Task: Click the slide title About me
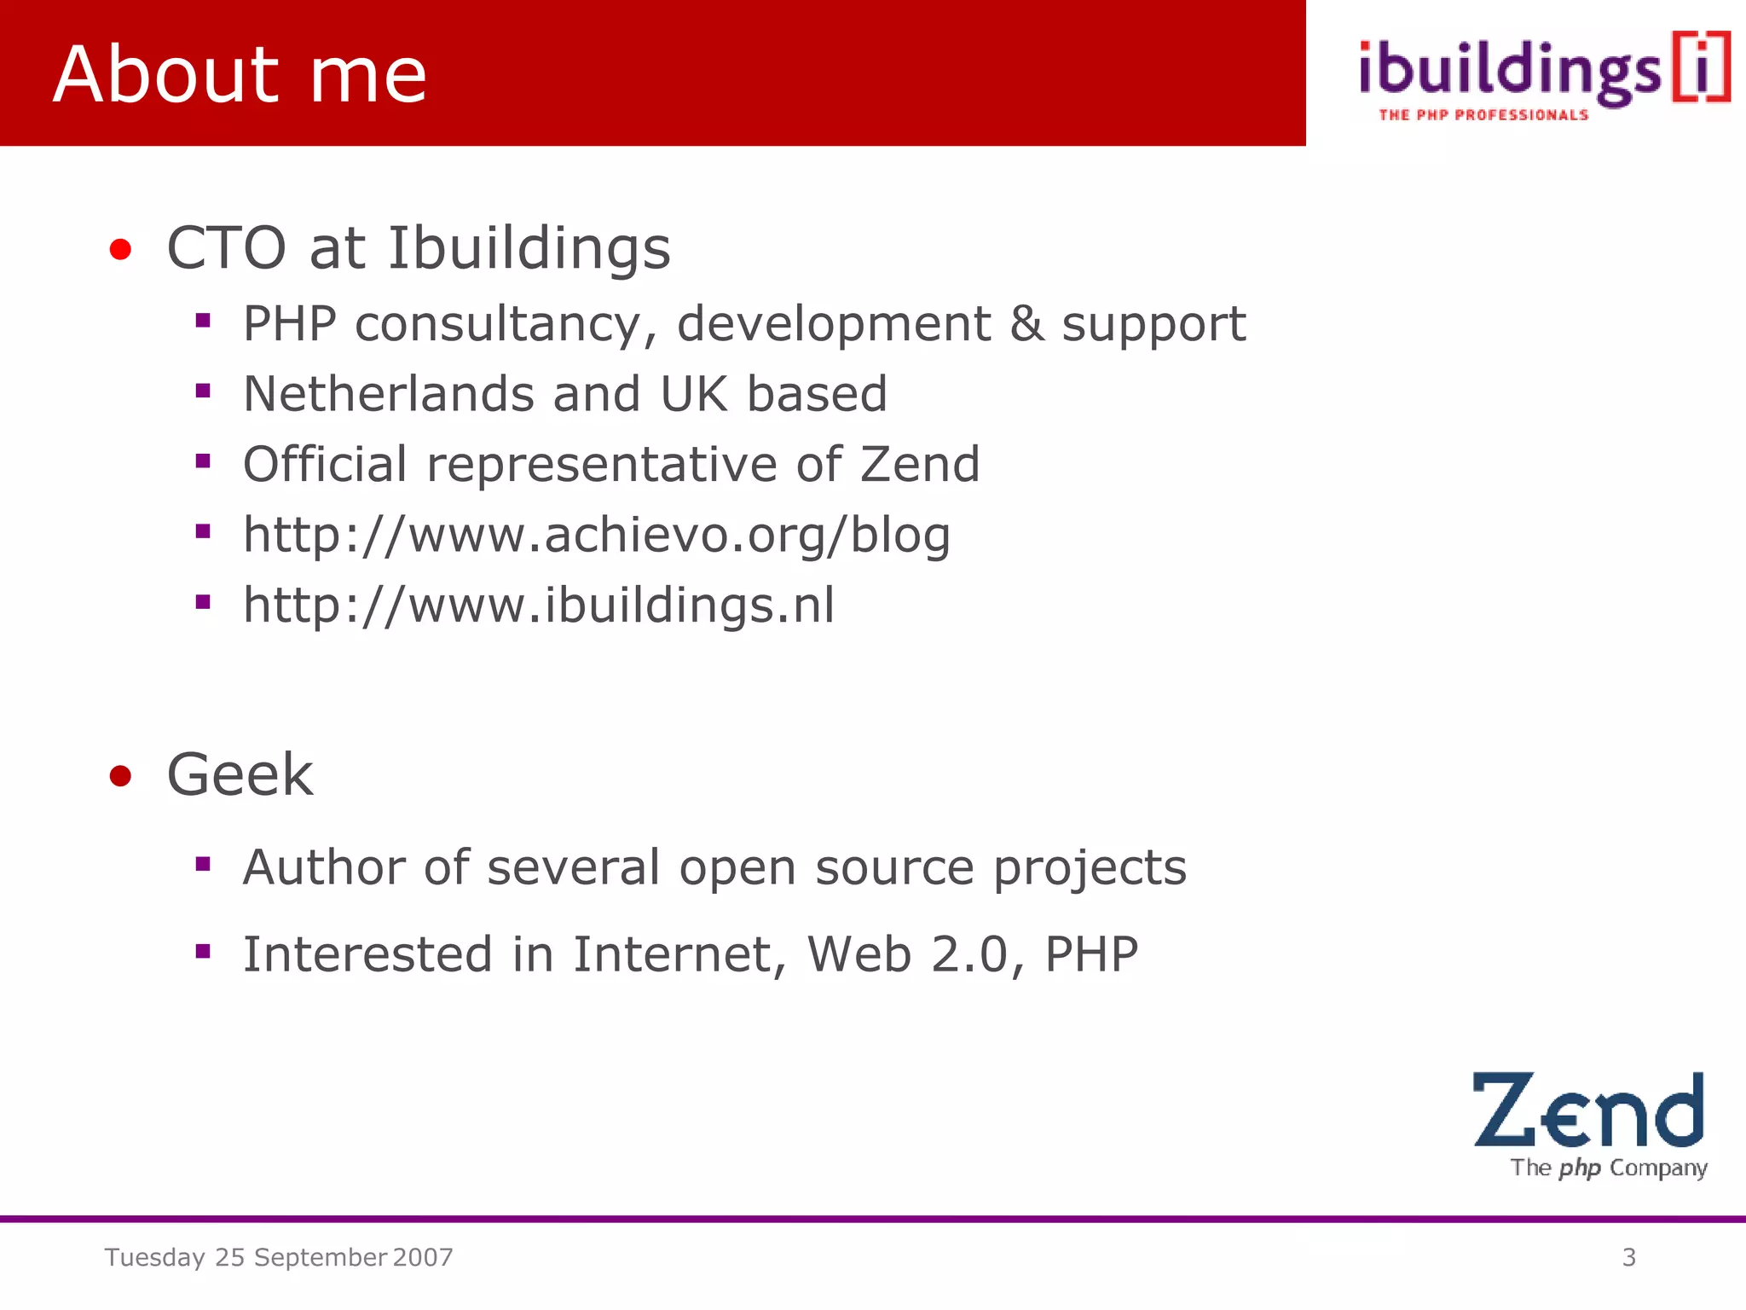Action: [x=240, y=75]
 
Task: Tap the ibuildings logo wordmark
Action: [x=1510, y=72]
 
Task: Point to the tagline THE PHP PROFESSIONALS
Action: [x=1483, y=115]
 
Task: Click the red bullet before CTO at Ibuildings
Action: [x=120, y=250]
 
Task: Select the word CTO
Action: [x=226, y=248]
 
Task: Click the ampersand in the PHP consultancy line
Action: [x=1027, y=324]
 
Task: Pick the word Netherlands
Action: [x=388, y=394]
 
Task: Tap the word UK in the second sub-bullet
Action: [x=694, y=394]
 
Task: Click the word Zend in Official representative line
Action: [x=919, y=465]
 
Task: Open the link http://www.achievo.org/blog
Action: [x=596, y=536]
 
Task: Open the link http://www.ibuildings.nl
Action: [x=539, y=606]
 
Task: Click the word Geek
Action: [x=240, y=775]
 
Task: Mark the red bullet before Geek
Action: [x=120, y=776]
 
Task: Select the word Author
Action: [x=323, y=867]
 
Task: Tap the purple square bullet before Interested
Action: [x=203, y=951]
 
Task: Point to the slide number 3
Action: [x=1628, y=1257]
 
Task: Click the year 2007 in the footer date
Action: [x=423, y=1257]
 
